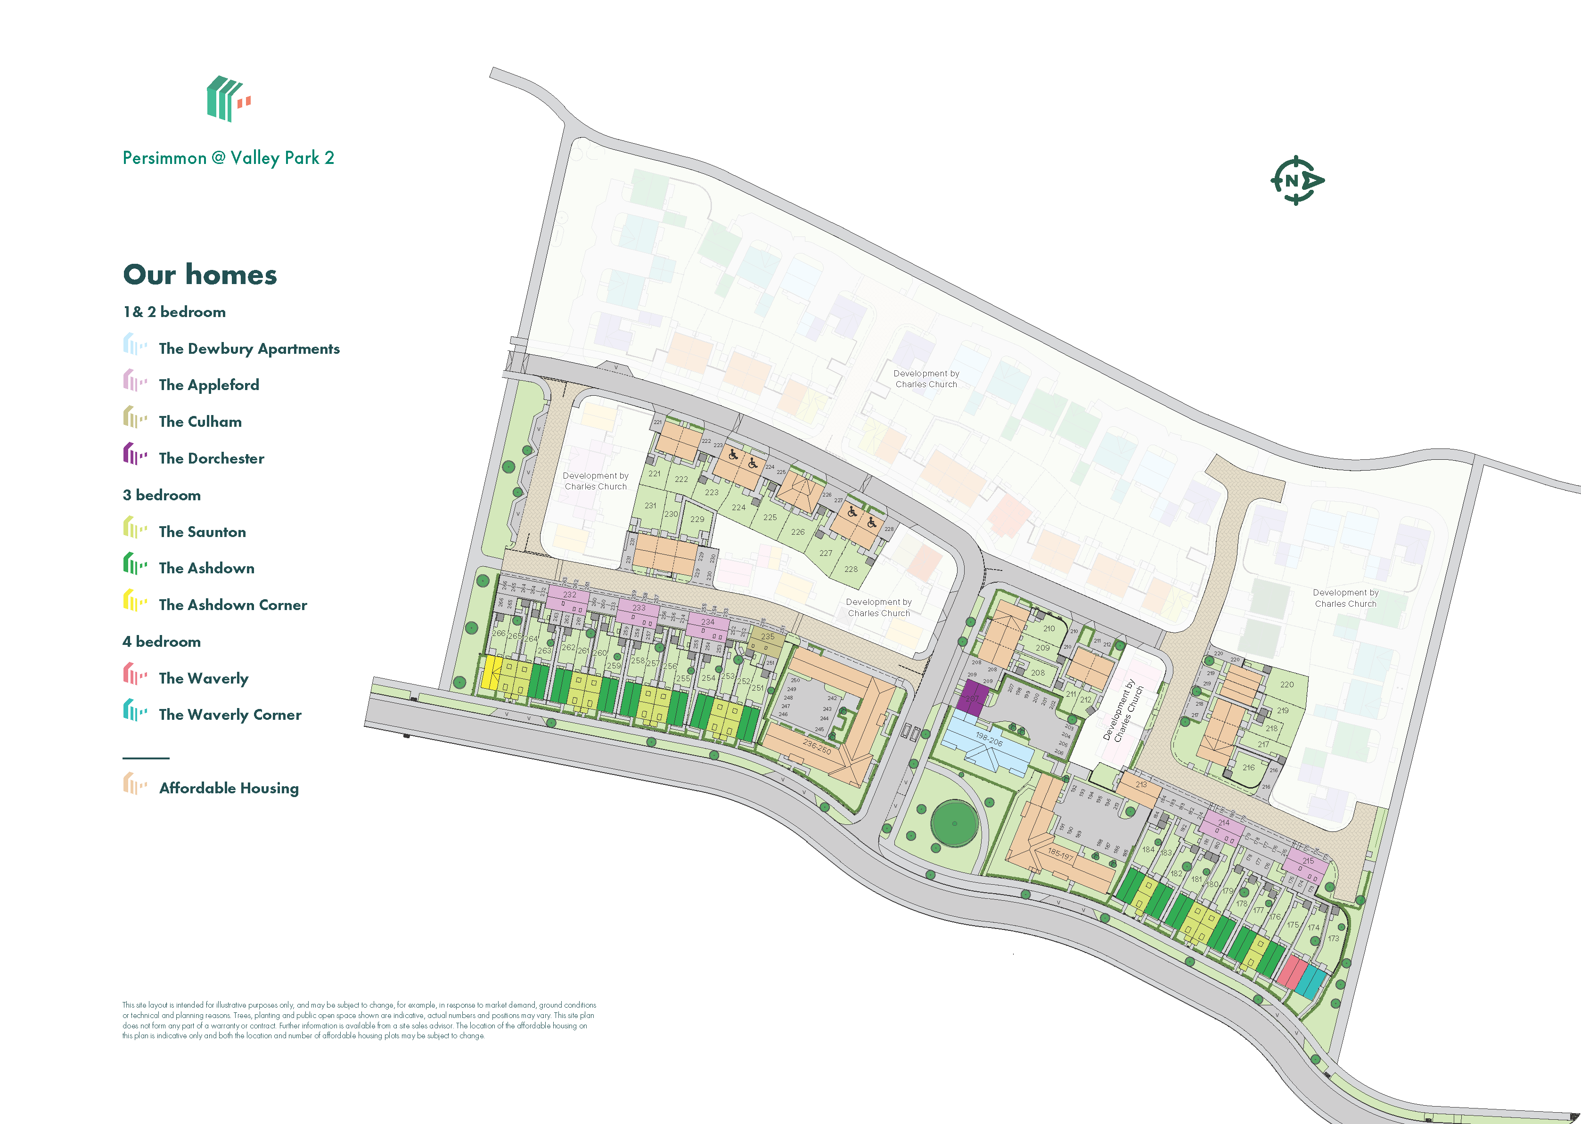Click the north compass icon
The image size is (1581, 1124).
[1296, 180]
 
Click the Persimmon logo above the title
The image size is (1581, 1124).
[228, 99]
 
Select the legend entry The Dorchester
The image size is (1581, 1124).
[211, 458]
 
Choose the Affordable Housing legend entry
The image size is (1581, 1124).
[229, 788]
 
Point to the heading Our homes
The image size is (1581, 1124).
[200, 275]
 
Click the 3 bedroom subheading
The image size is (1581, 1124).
[162, 495]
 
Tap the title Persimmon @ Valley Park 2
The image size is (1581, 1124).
[229, 158]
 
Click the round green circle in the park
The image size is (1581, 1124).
[955, 823]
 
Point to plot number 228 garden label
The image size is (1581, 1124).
[851, 569]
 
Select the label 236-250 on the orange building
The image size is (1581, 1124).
[817, 747]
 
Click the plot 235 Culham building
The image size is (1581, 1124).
[768, 640]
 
